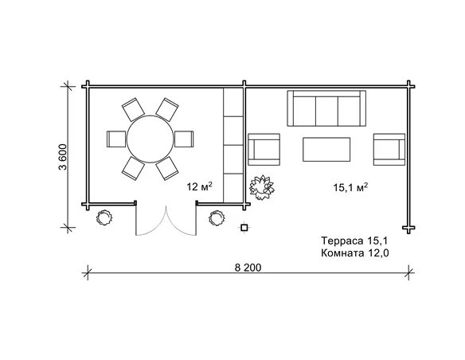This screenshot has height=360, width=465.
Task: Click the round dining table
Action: click(150, 139)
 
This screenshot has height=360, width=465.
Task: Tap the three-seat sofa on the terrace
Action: click(326, 108)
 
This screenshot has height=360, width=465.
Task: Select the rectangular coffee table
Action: click(326, 149)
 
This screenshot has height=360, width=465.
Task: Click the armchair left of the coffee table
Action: click(264, 149)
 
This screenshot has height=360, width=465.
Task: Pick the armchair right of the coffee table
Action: click(389, 149)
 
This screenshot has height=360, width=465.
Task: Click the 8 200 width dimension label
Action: click(248, 268)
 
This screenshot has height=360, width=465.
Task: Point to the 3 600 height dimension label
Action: click(63, 157)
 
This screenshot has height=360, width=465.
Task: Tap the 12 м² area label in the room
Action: click(199, 186)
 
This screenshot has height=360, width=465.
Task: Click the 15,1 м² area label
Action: click(350, 187)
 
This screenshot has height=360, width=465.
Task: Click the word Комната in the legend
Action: click(342, 253)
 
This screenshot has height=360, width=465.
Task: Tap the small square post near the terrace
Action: click(244, 228)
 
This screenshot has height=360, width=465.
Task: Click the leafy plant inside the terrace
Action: click(261, 187)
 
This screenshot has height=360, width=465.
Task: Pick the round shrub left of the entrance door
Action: click(104, 217)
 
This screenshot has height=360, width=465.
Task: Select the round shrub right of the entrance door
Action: click(217, 218)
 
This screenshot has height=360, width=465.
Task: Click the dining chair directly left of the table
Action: click(116, 139)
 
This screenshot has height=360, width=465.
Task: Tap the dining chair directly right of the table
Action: click(184, 139)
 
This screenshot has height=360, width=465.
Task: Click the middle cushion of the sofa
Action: click(326, 111)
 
